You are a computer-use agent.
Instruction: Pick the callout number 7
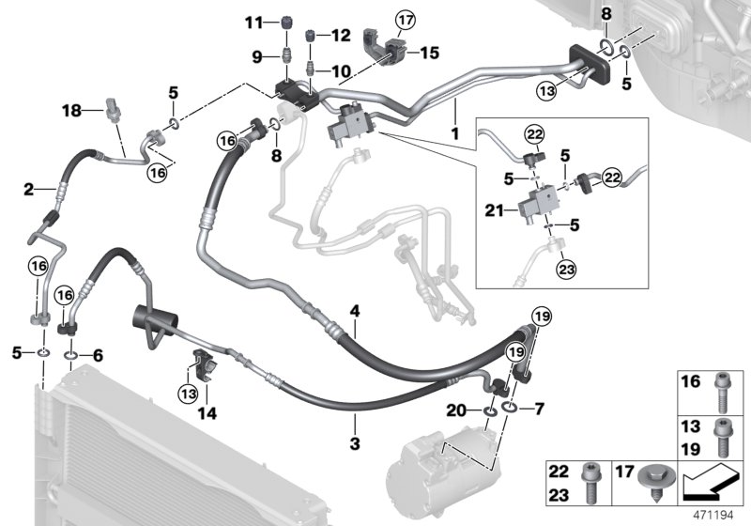538,408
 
